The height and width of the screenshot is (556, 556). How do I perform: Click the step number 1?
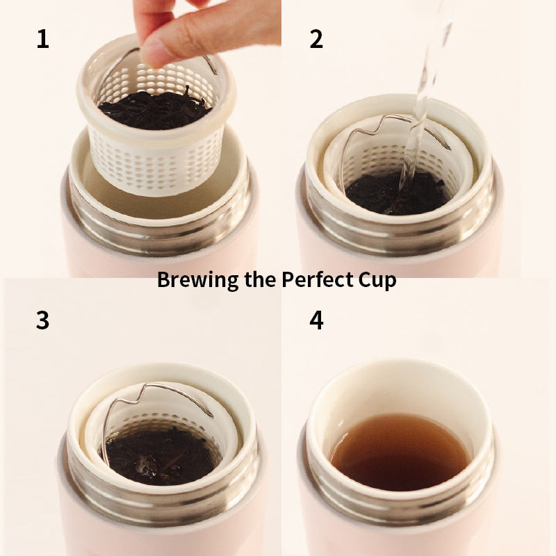pyautogui.click(x=43, y=39)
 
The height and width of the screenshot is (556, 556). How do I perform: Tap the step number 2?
pyautogui.click(x=316, y=39)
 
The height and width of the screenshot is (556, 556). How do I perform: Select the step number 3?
pyautogui.click(x=42, y=320)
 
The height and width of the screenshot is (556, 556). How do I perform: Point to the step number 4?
pyautogui.click(x=316, y=320)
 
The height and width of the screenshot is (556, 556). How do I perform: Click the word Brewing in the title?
pyautogui.click(x=198, y=280)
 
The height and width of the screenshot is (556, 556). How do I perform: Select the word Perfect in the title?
pyautogui.click(x=318, y=279)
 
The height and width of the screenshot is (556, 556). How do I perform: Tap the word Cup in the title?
pyautogui.click(x=377, y=280)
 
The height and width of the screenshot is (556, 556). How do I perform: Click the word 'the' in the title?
pyautogui.click(x=260, y=279)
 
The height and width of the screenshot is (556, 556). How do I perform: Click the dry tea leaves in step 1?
pyautogui.click(x=154, y=110)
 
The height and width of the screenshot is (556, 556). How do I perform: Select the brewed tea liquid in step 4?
pyautogui.click(x=401, y=452)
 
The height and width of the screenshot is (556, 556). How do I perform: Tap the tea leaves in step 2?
pyautogui.click(x=397, y=193)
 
